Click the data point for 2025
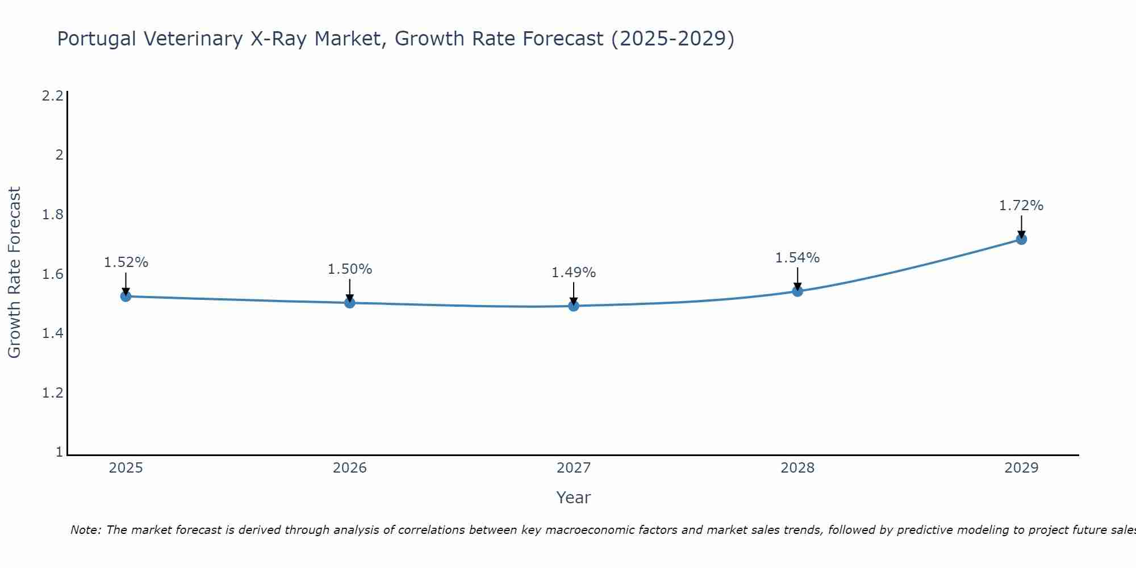tap(126, 296)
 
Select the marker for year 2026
tap(350, 303)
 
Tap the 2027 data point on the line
tap(574, 306)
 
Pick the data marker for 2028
tap(797, 291)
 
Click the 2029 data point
tap(1021, 239)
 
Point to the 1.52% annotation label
tap(126, 262)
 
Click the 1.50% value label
tap(350, 269)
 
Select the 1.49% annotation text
tap(574, 273)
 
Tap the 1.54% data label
tap(797, 258)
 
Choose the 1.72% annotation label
tap(1021, 206)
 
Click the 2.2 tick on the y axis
tap(52, 95)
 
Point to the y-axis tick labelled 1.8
tap(52, 215)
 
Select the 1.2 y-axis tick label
tap(52, 392)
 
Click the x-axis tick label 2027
tap(574, 468)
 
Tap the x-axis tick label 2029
tap(1021, 468)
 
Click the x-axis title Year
tap(574, 498)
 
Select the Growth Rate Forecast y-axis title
tap(14, 273)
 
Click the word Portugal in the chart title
tap(97, 39)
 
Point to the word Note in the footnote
tap(85, 530)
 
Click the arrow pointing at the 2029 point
tap(1021, 227)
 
